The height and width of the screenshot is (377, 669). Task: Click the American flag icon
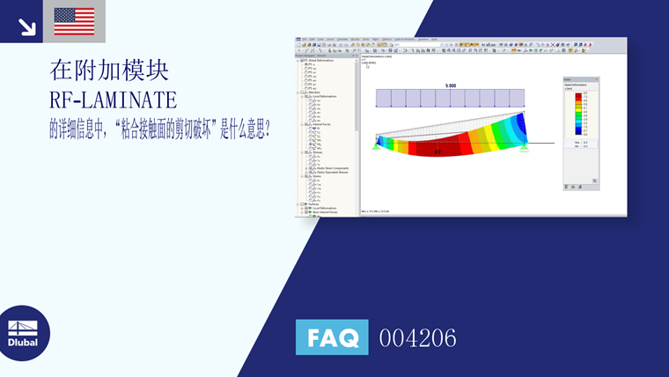(74, 21)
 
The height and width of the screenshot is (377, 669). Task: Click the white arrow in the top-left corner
(26, 26)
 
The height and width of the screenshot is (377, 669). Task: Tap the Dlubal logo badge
(24, 333)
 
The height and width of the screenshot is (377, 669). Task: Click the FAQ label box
(332, 336)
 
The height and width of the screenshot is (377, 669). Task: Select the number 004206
(417, 337)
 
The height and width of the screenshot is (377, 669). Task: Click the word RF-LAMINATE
(113, 99)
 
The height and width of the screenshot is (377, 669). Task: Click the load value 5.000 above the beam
(450, 85)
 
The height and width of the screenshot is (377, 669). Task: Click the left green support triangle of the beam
(378, 145)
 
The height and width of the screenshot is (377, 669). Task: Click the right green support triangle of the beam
(524, 146)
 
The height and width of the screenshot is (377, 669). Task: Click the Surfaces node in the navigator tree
(310, 203)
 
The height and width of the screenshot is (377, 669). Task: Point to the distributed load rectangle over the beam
(450, 98)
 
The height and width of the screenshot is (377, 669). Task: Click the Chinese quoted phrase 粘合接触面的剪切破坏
(166, 129)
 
